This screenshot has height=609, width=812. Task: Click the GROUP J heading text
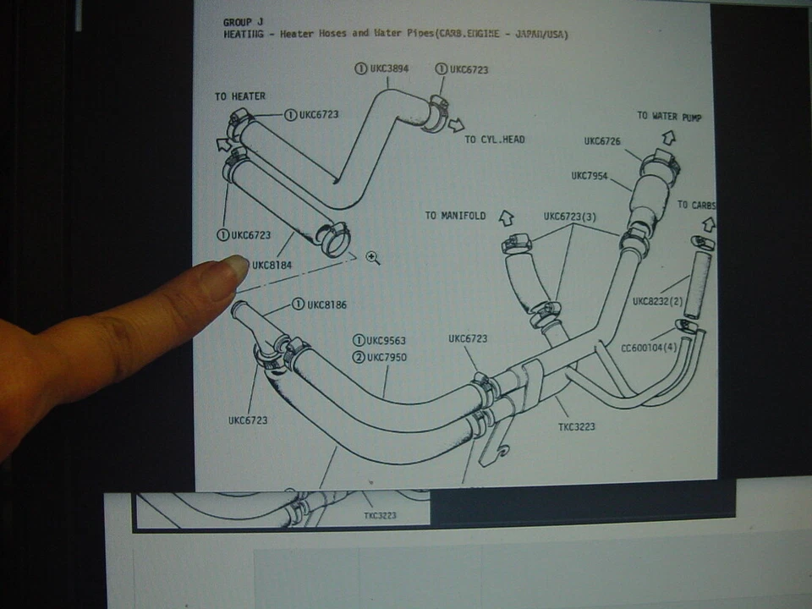click(x=243, y=22)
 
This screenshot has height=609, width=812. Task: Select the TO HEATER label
click(x=239, y=96)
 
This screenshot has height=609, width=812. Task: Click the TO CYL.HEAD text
click(x=495, y=140)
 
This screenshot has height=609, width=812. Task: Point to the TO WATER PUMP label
click(x=669, y=116)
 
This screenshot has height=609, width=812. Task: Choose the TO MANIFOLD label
click(x=455, y=216)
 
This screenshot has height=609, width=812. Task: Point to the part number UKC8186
click(x=326, y=304)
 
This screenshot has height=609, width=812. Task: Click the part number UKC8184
click(x=272, y=265)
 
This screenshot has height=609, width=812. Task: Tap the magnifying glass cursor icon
click(x=372, y=257)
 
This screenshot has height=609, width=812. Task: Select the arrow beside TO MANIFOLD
click(x=507, y=218)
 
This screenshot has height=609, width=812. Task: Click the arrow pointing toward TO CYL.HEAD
click(x=457, y=125)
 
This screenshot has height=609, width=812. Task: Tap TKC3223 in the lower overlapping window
click(x=380, y=515)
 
